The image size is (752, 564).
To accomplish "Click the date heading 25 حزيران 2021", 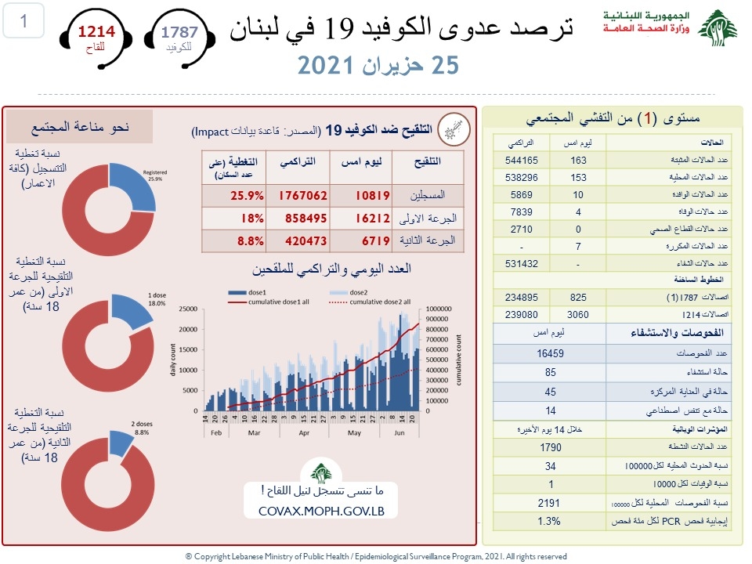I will point(376,66).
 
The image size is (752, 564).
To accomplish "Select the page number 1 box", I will point(23,21).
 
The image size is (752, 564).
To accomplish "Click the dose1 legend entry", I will point(244,292).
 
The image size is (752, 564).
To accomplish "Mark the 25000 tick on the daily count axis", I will point(186,309).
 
